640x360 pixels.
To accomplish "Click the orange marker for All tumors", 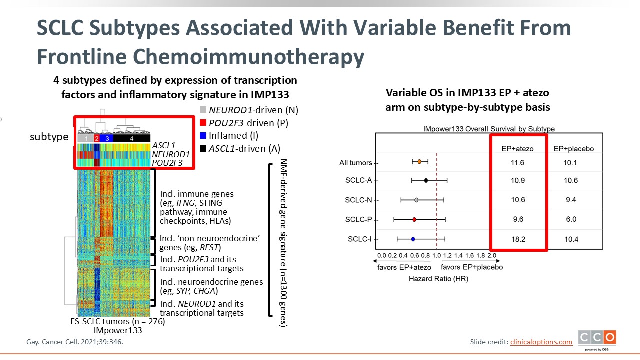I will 419,161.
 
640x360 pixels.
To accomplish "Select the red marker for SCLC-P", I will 414,219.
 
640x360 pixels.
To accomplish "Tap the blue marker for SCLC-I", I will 413,239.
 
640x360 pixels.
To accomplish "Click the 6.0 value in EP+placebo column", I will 571,220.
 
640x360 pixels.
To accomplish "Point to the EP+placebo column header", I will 573,149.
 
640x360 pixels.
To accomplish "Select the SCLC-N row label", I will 358,200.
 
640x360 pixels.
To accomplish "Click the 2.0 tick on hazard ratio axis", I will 491,256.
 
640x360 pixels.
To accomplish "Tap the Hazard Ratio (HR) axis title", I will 438,279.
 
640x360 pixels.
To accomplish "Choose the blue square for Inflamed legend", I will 202,135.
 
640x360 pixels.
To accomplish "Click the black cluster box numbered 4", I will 131,138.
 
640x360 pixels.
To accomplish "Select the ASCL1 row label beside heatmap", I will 164,146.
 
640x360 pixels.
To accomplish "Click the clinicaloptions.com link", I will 541,342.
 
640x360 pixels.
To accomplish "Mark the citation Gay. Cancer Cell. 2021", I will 74,342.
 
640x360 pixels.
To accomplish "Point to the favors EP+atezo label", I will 404,267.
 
